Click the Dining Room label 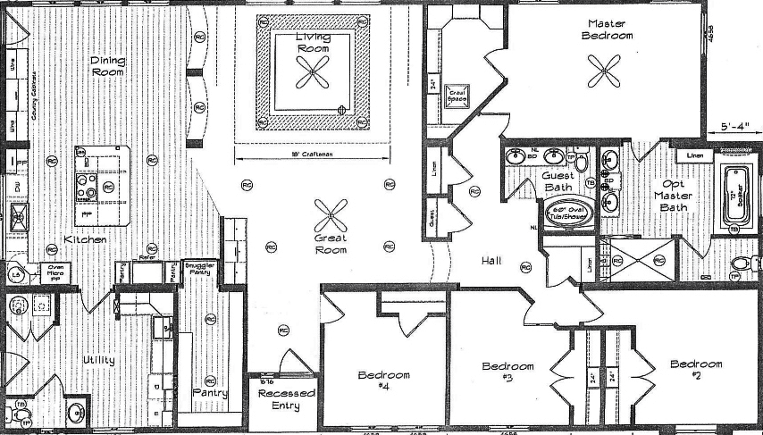(x=107, y=66)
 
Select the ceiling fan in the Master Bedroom (x=605, y=70)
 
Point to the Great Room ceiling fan (x=331, y=214)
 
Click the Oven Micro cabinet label (x=57, y=271)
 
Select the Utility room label (x=98, y=360)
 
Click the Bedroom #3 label (x=507, y=372)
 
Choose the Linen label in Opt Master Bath (x=694, y=156)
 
